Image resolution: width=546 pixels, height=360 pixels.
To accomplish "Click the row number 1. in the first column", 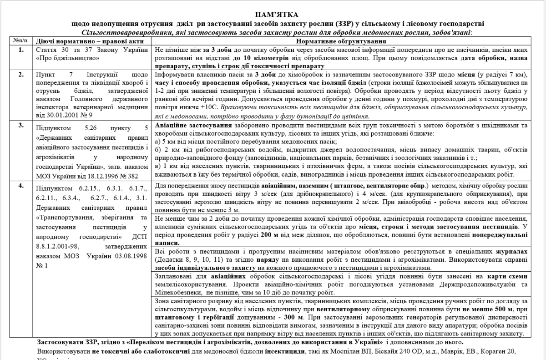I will coord(21,49).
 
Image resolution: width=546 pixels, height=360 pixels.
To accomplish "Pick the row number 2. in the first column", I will coord(21,74).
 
